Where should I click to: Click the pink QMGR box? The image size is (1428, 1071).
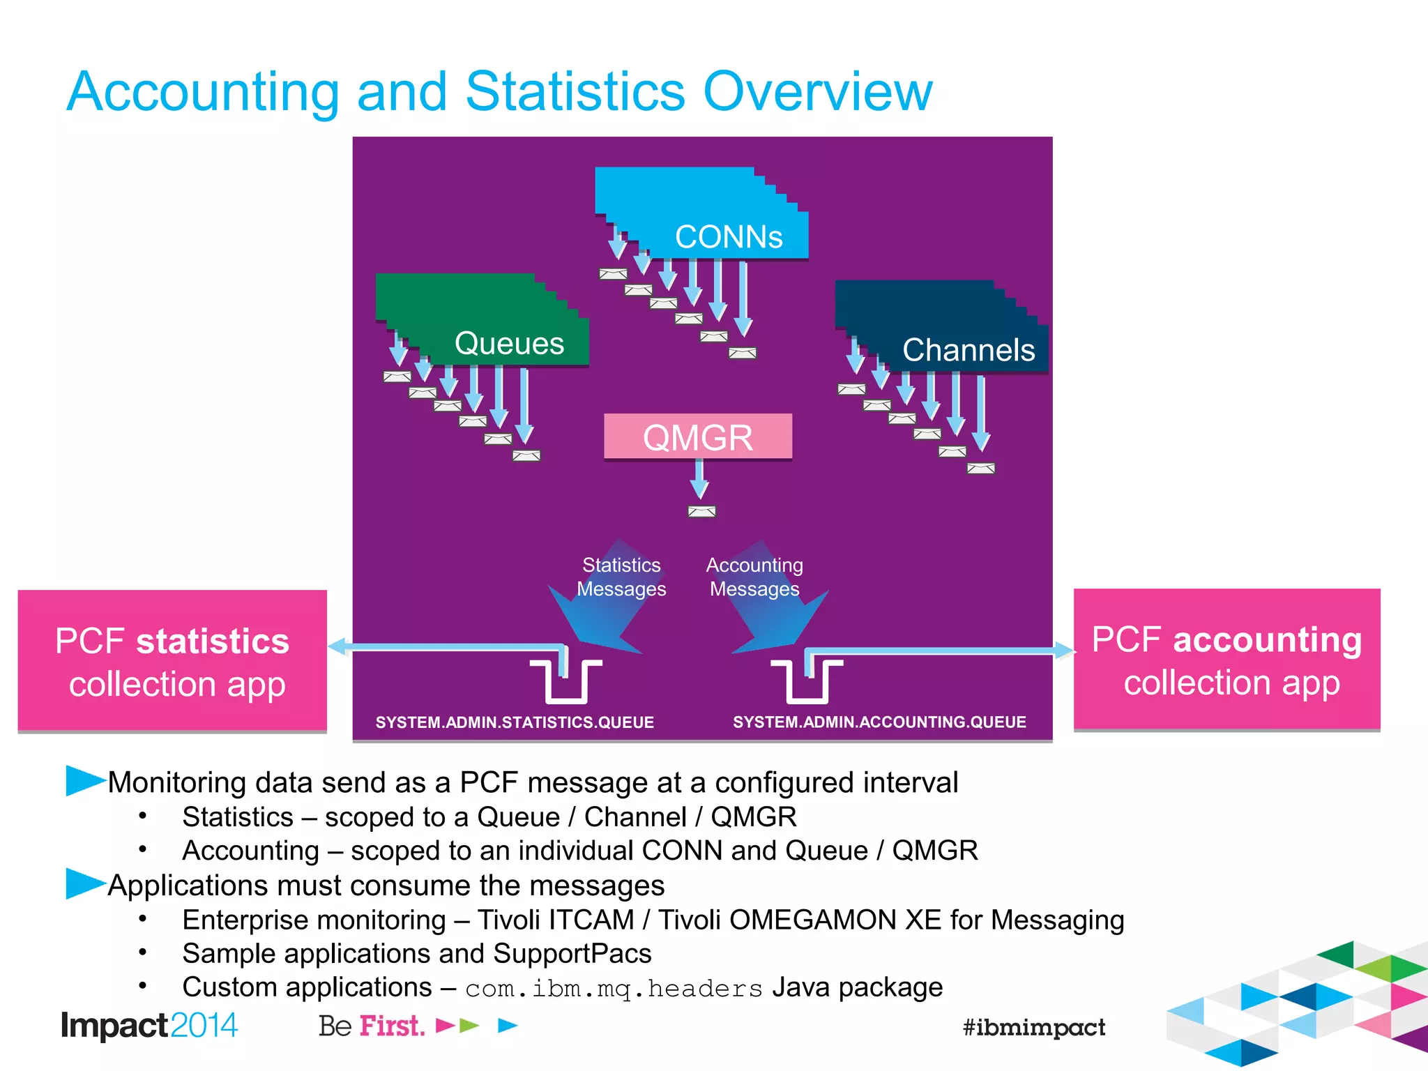coord(697,437)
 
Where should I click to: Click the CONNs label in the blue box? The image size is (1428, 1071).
coord(729,237)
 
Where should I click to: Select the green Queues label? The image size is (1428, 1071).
coord(509,344)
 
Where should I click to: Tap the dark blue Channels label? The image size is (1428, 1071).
coord(968,350)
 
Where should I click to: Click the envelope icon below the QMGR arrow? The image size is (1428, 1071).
coord(701,512)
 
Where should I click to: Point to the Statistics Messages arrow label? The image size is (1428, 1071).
coord(621,577)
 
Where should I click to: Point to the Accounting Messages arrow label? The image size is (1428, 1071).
coord(754,577)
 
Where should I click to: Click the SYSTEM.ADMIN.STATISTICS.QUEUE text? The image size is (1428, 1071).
coord(515,722)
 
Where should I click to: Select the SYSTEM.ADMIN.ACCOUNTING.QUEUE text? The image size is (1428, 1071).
coord(879,722)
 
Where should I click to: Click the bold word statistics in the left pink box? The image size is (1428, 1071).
coord(212,641)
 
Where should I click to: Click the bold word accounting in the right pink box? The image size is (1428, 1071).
coord(1267,640)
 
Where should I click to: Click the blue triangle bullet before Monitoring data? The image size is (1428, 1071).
coord(84,780)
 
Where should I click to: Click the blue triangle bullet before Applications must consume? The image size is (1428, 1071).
coord(84,883)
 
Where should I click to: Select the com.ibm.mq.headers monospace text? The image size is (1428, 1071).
coord(614,989)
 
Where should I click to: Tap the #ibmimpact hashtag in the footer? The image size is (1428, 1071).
coord(1033,1027)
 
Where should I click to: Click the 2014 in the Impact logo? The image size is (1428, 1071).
coord(204,1026)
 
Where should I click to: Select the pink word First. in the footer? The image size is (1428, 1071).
coord(392,1026)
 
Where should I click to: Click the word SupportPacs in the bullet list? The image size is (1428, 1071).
coord(572,954)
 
